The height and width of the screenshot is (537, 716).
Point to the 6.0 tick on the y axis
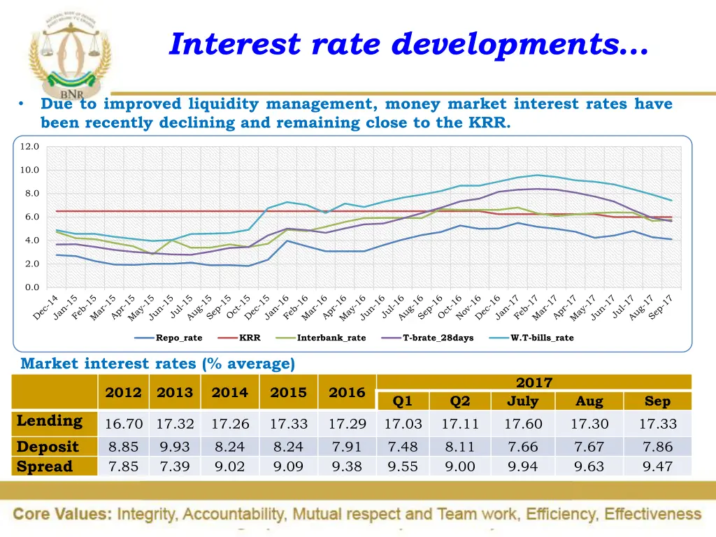(x=31, y=217)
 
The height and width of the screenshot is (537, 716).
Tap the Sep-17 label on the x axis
(x=660, y=308)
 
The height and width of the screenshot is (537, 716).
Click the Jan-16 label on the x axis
(x=276, y=308)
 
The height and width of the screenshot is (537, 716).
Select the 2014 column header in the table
(x=230, y=392)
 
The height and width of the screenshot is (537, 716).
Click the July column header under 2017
(x=522, y=401)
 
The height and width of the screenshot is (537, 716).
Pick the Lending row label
(x=49, y=421)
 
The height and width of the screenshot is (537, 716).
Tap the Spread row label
(x=45, y=466)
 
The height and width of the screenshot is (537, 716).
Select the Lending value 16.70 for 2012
(x=124, y=424)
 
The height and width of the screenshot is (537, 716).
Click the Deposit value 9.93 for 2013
(x=174, y=447)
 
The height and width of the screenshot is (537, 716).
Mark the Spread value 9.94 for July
(x=522, y=467)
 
